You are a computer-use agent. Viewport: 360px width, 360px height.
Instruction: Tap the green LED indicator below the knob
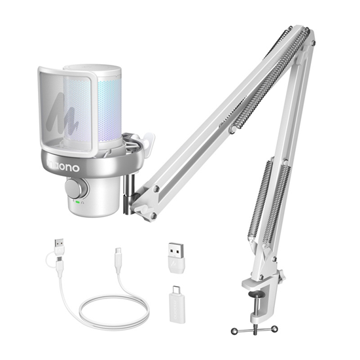coord(77,203)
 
